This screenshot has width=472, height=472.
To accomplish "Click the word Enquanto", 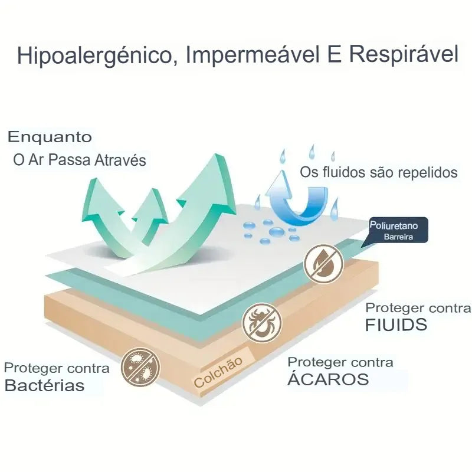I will click(x=50, y=137).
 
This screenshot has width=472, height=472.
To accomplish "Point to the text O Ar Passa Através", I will click(x=80, y=160).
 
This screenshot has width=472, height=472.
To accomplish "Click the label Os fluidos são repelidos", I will click(x=379, y=173).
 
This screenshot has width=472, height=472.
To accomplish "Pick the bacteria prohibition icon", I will click(x=140, y=368).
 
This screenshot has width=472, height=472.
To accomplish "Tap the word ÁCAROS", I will click(x=328, y=379).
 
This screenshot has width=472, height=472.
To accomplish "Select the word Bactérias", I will click(x=44, y=386).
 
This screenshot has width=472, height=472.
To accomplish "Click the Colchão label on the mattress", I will click(x=218, y=372).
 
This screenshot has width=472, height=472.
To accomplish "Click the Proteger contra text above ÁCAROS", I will click(x=340, y=362).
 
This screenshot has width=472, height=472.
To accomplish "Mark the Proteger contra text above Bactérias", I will click(x=57, y=368).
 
